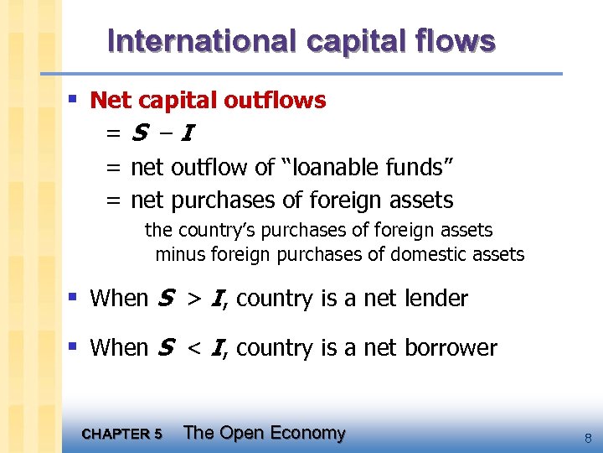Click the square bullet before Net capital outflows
(x=73, y=100)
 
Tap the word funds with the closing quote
(x=421, y=167)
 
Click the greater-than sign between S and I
(x=193, y=298)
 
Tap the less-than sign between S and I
(x=193, y=347)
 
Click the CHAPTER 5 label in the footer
(x=122, y=434)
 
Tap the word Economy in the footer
(x=306, y=433)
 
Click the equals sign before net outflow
(x=113, y=168)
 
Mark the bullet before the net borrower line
(x=73, y=346)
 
